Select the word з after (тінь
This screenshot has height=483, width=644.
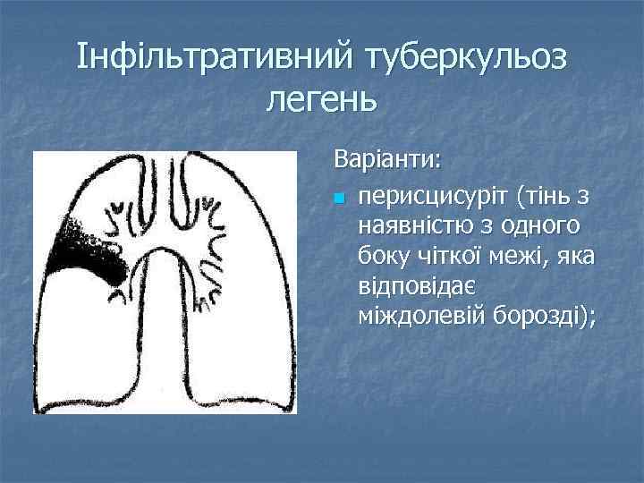pos(591,195)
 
